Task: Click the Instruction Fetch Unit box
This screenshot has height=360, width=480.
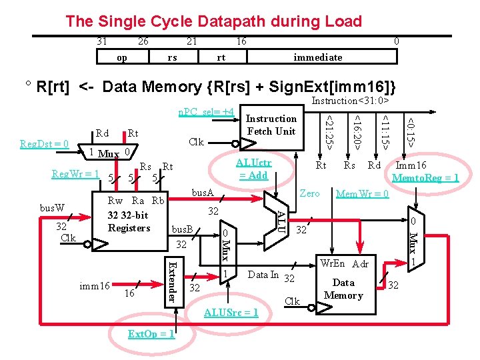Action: tap(272, 127)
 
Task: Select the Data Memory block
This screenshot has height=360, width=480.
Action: tap(345, 285)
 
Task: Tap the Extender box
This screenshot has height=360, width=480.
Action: tap(174, 282)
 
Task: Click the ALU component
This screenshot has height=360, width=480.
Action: tap(276, 221)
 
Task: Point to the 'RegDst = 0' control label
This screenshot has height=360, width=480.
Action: tap(44, 144)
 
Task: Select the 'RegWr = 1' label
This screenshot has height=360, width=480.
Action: tap(75, 174)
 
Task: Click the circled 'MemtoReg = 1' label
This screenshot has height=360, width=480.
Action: tap(425, 177)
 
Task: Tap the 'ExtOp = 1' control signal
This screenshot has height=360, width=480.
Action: tap(151, 334)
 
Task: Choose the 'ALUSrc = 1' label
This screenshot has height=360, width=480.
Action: tap(231, 313)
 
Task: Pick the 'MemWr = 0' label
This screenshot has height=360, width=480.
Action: tap(363, 194)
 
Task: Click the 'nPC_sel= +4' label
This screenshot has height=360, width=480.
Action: tap(206, 112)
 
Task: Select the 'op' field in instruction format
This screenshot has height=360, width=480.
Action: tap(122, 57)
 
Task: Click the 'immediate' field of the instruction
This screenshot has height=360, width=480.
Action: tap(318, 57)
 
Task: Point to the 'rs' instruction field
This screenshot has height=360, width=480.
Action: tap(173, 57)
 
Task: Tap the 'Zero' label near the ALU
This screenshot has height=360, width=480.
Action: tap(309, 193)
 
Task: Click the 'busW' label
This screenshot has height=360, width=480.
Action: tap(52, 208)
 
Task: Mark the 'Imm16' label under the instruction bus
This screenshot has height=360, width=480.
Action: tap(411, 165)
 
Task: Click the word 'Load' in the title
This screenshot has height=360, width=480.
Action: tap(343, 21)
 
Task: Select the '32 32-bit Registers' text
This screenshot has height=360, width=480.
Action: tap(129, 221)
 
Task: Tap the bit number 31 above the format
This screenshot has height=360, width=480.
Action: tap(101, 41)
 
